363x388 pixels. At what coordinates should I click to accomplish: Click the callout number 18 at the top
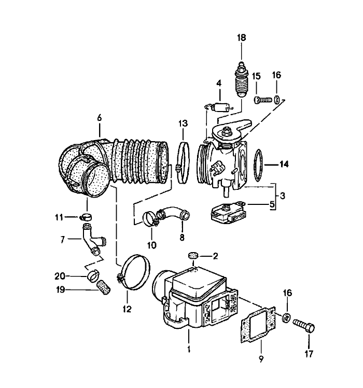pyautogui.click(x=242, y=37)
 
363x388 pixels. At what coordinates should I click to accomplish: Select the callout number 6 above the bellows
pyautogui.click(x=99, y=118)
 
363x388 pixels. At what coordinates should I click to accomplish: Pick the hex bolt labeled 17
pyautogui.click(x=305, y=326)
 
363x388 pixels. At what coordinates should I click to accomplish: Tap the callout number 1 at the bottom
pyautogui.click(x=189, y=350)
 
